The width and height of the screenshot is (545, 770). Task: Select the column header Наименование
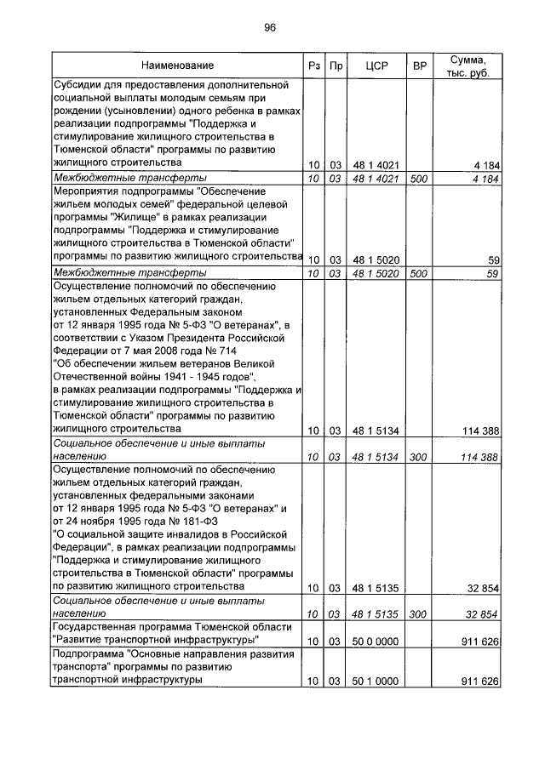[x=177, y=66]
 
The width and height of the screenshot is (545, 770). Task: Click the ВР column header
[x=418, y=66]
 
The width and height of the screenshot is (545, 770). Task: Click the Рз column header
[x=313, y=66]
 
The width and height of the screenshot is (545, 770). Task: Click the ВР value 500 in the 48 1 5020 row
[x=418, y=274]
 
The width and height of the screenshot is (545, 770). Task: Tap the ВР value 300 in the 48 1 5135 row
[x=418, y=613]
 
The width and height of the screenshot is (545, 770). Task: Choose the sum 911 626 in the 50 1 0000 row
[x=479, y=682]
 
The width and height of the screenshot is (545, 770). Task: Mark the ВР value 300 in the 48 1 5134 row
[x=418, y=457]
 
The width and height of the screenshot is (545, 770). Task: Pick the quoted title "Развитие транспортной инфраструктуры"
[x=157, y=640]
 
